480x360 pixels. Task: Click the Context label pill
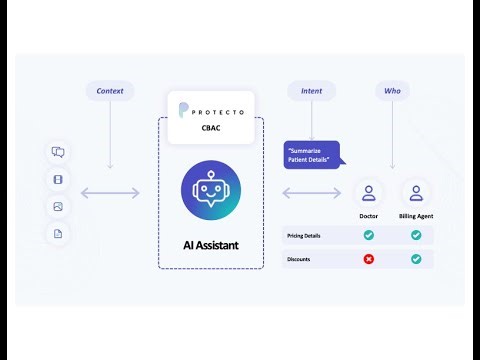110,91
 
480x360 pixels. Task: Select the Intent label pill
312,91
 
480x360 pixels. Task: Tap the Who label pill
391,91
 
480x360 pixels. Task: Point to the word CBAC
211,128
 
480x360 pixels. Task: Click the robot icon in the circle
211,190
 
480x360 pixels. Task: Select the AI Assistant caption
211,243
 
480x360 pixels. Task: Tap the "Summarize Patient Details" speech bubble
311,154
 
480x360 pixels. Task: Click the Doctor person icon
368,192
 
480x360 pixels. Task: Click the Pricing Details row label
303,235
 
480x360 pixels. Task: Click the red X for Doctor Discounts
368,259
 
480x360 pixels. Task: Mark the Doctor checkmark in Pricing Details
368,235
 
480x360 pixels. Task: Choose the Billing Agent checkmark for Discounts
416,259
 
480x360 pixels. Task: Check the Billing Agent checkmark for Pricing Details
416,235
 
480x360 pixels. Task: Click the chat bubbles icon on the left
58,153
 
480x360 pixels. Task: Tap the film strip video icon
58,180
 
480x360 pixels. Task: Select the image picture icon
58,207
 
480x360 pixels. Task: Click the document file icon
58,234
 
